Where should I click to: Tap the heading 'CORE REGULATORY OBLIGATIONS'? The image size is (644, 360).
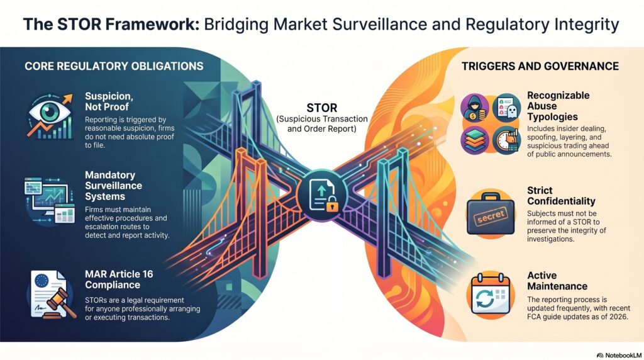tap(114, 66)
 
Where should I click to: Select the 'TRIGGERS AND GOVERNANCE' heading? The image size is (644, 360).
tap(540, 66)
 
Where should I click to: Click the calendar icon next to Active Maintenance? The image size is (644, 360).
tap(491, 295)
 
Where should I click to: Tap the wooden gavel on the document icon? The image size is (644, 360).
tap(61, 303)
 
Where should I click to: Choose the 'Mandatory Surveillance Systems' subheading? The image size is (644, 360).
tap(113, 186)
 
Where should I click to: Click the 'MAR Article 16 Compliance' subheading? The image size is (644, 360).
tap(119, 279)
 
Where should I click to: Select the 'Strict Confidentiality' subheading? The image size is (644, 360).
tap(561, 196)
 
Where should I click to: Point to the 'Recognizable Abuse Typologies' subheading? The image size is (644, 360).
tap(558, 106)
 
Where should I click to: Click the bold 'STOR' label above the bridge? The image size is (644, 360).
tap(321, 108)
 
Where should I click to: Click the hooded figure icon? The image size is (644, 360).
tap(475, 108)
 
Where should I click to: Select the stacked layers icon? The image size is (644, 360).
tap(475, 140)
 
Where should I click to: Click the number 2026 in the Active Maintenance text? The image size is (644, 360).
tap(619, 317)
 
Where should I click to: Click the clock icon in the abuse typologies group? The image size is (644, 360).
tap(507, 140)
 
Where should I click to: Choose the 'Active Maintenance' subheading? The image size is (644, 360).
tap(557, 281)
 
